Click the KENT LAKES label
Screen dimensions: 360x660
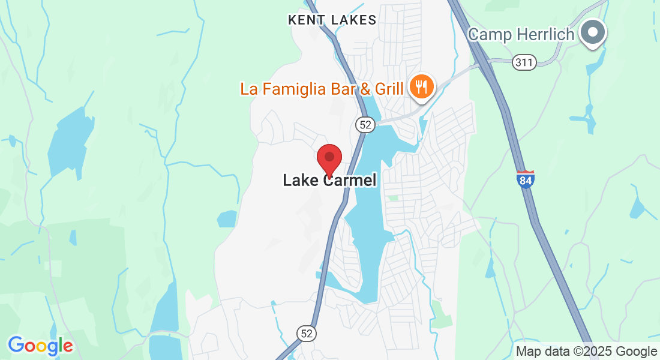click(x=332, y=20)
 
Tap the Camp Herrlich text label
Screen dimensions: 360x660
click(x=521, y=34)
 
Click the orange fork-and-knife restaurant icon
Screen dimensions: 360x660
click(x=422, y=87)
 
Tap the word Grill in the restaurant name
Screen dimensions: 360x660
click(x=389, y=89)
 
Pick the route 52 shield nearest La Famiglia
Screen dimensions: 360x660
click(x=365, y=124)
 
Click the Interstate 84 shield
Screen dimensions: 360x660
click(x=525, y=179)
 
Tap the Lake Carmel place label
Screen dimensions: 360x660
click(x=329, y=180)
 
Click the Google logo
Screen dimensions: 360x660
click(x=40, y=346)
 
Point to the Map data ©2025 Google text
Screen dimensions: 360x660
click(x=586, y=352)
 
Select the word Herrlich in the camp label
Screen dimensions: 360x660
click(x=545, y=34)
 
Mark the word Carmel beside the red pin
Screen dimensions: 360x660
click(x=352, y=180)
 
